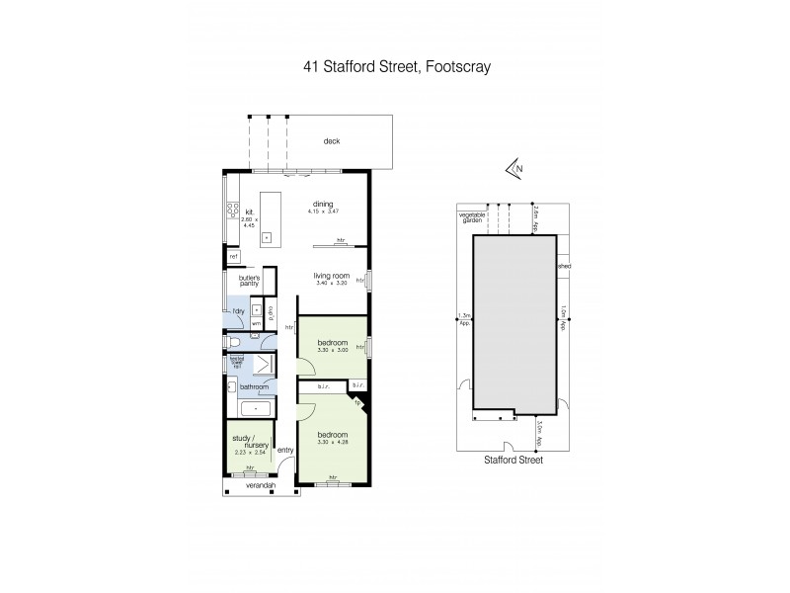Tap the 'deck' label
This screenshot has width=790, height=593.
point(331,141)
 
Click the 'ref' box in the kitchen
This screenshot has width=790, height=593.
point(234,257)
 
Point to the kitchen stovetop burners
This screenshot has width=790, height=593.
point(232,209)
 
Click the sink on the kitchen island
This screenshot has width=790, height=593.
point(267,238)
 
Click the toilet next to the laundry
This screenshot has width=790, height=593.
point(234,344)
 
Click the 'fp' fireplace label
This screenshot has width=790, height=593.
point(357,401)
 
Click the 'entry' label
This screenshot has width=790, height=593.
point(286,451)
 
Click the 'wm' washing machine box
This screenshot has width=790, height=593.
point(255,322)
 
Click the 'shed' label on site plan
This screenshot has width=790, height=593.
point(564,266)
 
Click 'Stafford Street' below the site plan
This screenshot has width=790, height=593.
point(513,460)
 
